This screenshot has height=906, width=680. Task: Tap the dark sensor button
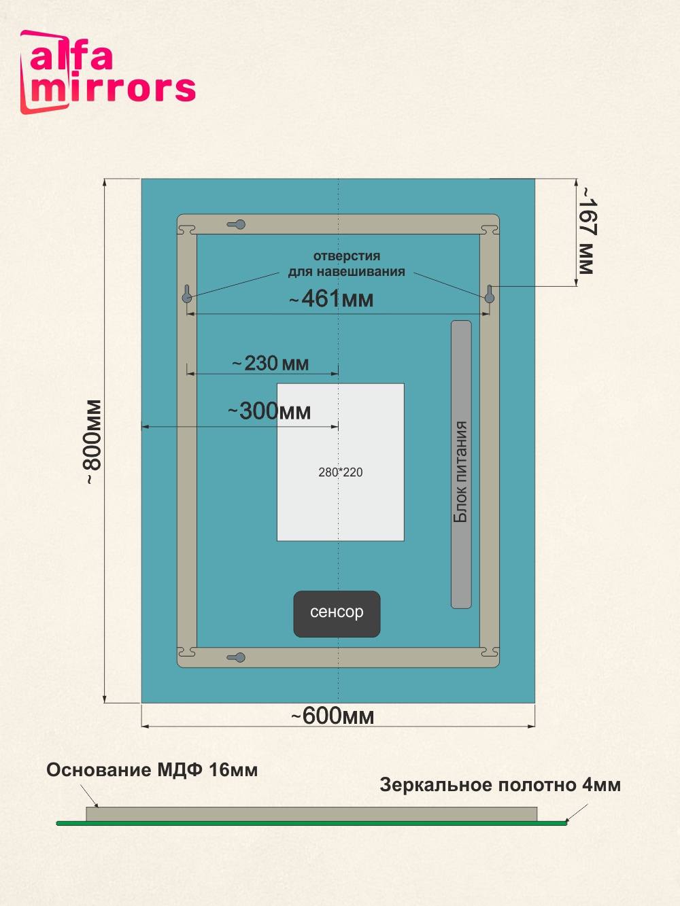(337, 614)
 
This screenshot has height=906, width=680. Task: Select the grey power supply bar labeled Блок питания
(461, 464)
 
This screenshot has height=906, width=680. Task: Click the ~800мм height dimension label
(92, 442)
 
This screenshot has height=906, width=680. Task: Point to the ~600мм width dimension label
(333, 716)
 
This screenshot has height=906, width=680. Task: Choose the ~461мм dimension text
(332, 299)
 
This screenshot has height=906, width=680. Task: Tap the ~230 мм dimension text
(271, 364)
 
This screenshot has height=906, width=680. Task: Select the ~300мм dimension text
(269, 411)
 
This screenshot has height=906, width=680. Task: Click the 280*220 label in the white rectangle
(341, 472)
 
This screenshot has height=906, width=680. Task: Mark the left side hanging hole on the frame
(187, 294)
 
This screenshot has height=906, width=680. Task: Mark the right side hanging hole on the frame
(489, 294)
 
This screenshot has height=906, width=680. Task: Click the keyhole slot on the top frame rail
(237, 224)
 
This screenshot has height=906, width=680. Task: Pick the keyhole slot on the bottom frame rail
(237, 657)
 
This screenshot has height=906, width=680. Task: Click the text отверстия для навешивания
(346, 264)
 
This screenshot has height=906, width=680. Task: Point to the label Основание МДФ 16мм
(152, 770)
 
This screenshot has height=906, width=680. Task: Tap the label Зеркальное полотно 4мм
(500, 785)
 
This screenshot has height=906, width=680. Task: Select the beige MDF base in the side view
(311, 814)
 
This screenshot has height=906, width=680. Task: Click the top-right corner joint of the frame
(489, 228)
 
